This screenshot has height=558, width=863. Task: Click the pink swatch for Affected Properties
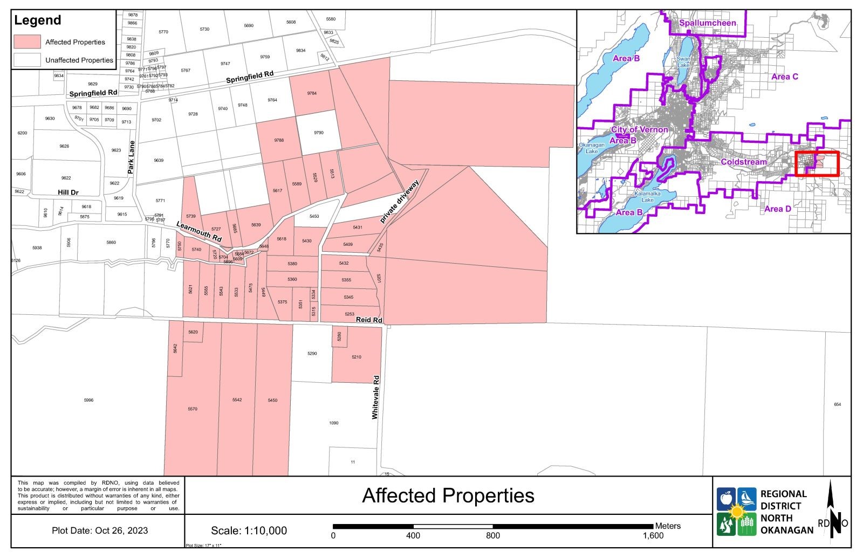pyautogui.click(x=27, y=42)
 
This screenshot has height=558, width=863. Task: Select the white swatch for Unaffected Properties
pyautogui.click(x=27, y=60)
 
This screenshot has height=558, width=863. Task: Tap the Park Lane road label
pyautogui.click(x=131, y=157)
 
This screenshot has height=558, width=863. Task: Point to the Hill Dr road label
pyautogui.click(x=69, y=192)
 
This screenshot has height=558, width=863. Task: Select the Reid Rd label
pyautogui.click(x=369, y=320)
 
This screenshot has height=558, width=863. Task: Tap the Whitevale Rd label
pyautogui.click(x=375, y=397)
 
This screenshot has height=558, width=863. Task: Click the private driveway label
pyautogui.click(x=399, y=202)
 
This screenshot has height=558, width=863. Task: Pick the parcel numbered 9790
pyautogui.click(x=319, y=133)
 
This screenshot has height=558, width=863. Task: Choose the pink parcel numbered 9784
pyautogui.click(x=312, y=93)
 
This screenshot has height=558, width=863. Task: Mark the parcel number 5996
pyautogui.click(x=89, y=400)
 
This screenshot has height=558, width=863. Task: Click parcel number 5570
pyautogui.click(x=193, y=409)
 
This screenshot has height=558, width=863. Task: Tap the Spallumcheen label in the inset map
pyautogui.click(x=707, y=23)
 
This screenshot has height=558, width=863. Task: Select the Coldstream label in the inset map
pyautogui.click(x=743, y=162)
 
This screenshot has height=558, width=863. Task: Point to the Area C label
pyautogui.click(x=784, y=77)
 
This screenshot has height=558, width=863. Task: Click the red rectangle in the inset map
pyautogui.click(x=817, y=164)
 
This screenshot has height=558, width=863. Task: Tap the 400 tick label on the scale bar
pyautogui.click(x=413, y=536)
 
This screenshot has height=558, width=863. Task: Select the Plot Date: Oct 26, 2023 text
pyautogui.click(x=100, y=531)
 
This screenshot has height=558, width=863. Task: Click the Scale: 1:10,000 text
pyautogui.click(x=249, y=531)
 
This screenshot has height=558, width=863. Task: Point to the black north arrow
pyautogui.click(x=834, y=509)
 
